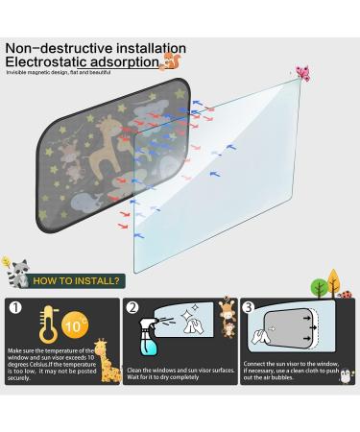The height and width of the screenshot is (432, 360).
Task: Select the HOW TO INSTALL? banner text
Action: point(76,281)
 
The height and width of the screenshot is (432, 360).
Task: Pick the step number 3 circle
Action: point(250,309)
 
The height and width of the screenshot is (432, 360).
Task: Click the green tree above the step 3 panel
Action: point(320,286)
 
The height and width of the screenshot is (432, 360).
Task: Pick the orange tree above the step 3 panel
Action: point(334,281)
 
